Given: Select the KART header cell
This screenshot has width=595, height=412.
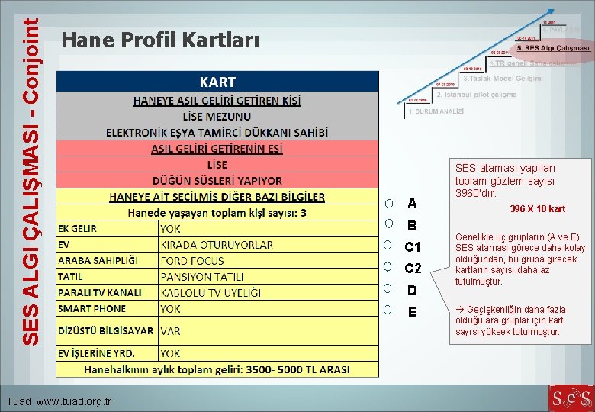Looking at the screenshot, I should click(217, 82).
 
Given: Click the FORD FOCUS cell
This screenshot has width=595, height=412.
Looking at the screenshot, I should click(192, 260).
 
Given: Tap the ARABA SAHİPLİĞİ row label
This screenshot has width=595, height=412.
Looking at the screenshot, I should click(98, 260).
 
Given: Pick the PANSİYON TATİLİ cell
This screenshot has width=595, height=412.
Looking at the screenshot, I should click(203, 276).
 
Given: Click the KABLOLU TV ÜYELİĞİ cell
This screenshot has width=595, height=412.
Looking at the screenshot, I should click(211, 292).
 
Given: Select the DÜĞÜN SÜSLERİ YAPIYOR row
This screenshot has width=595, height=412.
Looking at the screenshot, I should click(217, 181).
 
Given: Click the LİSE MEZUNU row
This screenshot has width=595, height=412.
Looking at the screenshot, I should click(217, 116).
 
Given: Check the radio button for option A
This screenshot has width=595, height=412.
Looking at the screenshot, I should click(389, 204).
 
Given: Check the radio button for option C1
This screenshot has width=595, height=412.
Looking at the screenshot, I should click(389, 246).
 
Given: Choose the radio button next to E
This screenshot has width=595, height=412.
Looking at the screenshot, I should click(389, 311).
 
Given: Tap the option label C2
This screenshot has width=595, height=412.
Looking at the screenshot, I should click(413, 269).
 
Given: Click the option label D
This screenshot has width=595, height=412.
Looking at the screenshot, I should click(412, 290).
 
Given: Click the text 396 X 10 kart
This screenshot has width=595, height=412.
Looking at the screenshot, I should click(538, 209).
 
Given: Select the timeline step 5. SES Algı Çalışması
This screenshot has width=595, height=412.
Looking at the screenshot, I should click(552, 47).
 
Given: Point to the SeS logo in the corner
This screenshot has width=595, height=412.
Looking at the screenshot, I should click(570, 398).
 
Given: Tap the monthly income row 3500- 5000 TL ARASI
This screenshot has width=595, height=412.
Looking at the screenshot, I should click(217, 369).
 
